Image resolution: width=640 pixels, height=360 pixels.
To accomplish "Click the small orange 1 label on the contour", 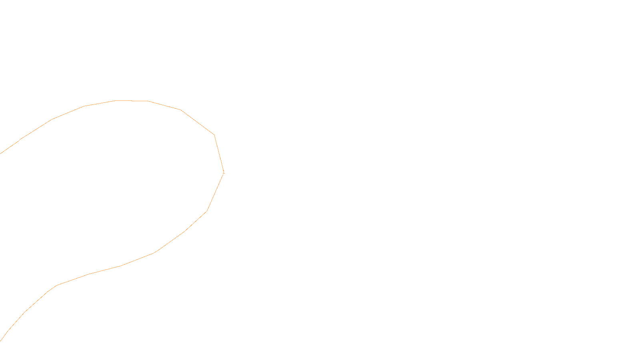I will coord(224,172).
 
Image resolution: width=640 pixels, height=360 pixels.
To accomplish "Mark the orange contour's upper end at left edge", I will coord(1,153).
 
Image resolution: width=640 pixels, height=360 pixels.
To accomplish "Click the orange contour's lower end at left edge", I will coord(1,340).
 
